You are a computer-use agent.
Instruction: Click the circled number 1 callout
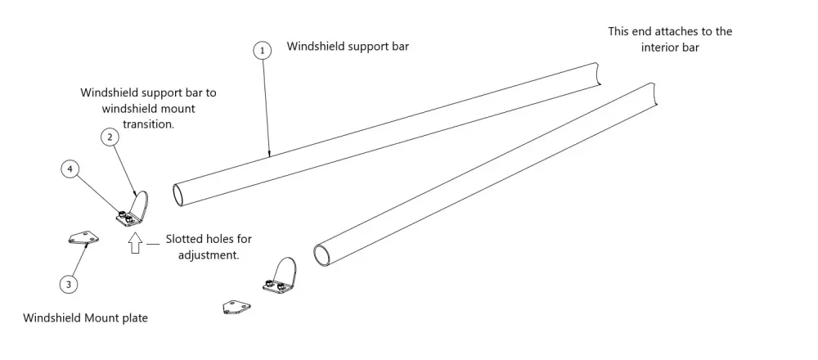pyautogui.click(x=261, y=51)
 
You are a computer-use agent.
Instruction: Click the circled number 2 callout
pyautogui.click(x=110, y=137)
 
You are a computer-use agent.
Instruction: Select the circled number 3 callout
pyautogui.click(x=70, y=284)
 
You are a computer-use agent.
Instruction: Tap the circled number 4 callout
pyautogui.click(x=70, y=169)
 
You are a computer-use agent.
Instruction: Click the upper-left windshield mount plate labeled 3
pyautogui.click(x=82, y=237)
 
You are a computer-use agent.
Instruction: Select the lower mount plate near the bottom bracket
pyautogui.click(x=236, y=307)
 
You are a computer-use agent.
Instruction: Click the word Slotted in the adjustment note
pyautogui.click(x=185, y=240)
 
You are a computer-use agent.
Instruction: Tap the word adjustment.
pyautogui.click(x=208, y=254)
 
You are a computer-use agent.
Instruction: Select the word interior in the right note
pyautogui.click(x=663, y=47)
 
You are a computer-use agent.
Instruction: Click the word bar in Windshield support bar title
pyautogui.click(x=398, y=47)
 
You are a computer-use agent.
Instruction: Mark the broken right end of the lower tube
pyautogui.click(x=654, y=93)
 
